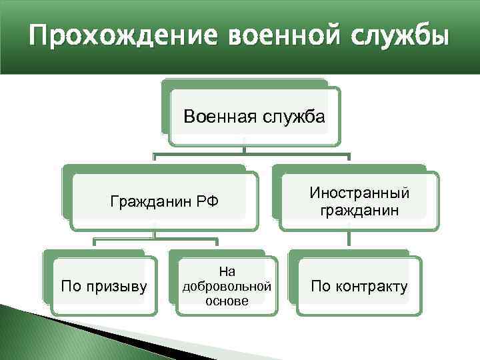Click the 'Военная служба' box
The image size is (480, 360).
[253, 117]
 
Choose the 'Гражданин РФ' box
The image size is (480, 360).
[163, 201]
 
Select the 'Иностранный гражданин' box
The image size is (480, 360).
[359, 201]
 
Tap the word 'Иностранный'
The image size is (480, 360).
[359, 193]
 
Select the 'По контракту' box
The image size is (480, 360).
[359, 287]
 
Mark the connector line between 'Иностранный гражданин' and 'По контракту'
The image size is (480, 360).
[347, 240]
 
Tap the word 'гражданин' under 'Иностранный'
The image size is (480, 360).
[359, 211]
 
